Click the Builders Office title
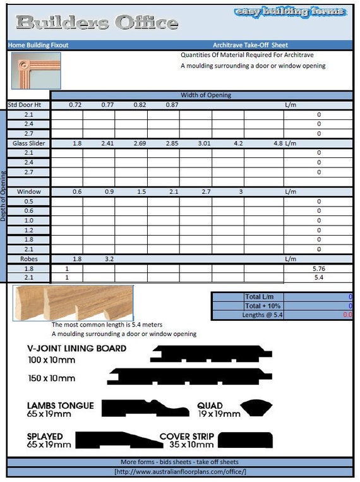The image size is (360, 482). click(96, 23)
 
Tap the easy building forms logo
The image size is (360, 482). click(290, 12)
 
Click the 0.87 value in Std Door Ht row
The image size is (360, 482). click(172, 104)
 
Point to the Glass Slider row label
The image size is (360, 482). click(28, 143)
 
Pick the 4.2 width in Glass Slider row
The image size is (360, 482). click(238, 143)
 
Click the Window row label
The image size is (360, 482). click(28, 191)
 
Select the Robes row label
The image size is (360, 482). click(28, 258)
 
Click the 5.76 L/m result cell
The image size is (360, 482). click(318, 268)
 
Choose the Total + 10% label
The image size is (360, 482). click(263, 305)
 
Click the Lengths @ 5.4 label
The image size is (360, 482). click(263, 315)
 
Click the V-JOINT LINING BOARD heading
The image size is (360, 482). click(76, 349)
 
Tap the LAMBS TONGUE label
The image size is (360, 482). click(60, 406)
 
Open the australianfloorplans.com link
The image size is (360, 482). click(180, 472)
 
